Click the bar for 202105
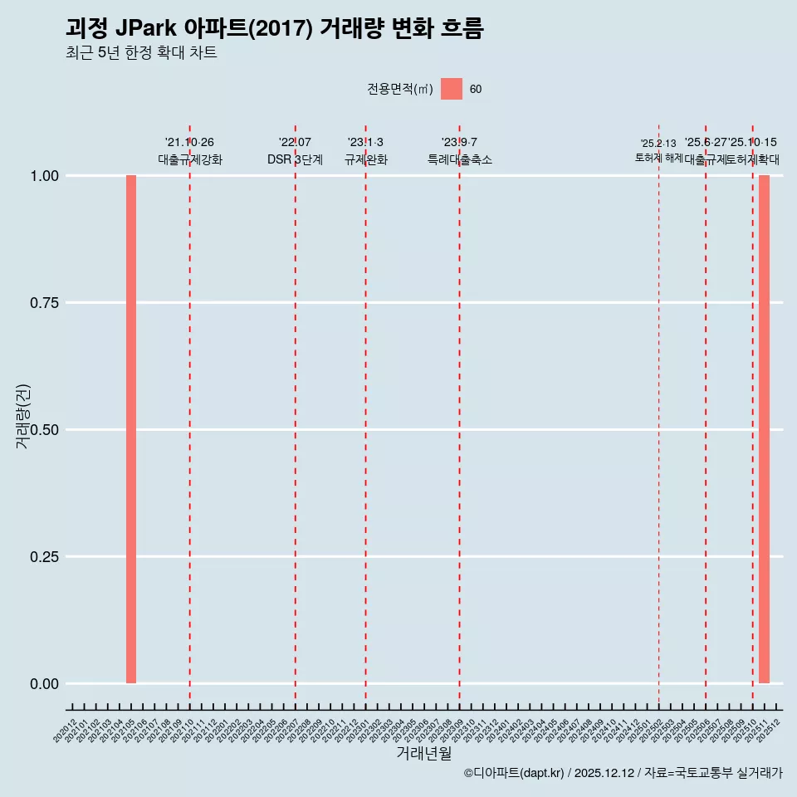pyautogui.click(x=131, y=429)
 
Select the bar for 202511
pyautogui.click(x=764, y=429)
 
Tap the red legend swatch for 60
pyautogui.click(x=452, y=89)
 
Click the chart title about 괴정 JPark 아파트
pyautogui.click(x=274, y=28)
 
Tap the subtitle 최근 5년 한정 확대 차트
pyautogui.click(x=141, y=54)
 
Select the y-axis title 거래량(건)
pyautogui.click(x=23, y=416)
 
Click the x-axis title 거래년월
pyautogui.click(x=423, y=754)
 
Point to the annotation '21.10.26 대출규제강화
pyautogui.click(x=189, y=151)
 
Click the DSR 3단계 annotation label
pyautogui.click(x=295, y=159)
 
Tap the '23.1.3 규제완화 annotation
pyautogui.click(x=365, y=151)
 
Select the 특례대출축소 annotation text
pyautogui.click(x=459, y=159)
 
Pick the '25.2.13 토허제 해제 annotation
pyautogui.click(x=658, y=150)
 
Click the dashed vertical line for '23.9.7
pyautogui.click(x=459, y=415)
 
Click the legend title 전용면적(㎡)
pyautogui.click(x=400, y=90)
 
